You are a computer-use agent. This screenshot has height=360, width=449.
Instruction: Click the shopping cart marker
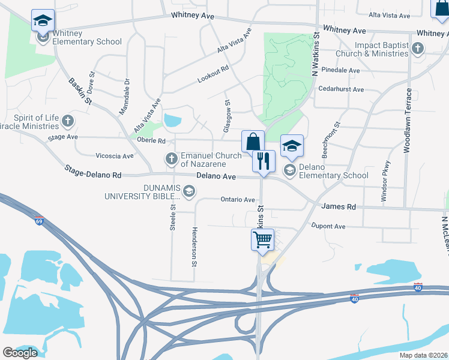coord(263,240)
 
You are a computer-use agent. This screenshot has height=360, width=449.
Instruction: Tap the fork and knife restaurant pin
coord(264,161)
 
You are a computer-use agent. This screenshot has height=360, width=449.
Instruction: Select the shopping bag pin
coord(253,142)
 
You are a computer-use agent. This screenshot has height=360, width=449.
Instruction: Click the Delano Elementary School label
coord(334,175)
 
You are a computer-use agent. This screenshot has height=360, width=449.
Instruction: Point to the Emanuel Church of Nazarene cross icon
coord(171,159)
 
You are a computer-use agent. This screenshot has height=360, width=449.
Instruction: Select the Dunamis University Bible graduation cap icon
coord(189,191)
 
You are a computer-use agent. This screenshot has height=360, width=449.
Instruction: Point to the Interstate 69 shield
coord(40,221)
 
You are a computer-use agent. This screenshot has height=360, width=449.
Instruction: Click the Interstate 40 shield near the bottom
coord(356,298)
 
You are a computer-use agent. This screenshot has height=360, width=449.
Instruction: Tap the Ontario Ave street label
coord(238,199)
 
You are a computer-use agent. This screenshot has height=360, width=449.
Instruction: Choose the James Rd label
coord(339,206)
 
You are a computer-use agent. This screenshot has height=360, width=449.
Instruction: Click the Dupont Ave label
coord(328,226)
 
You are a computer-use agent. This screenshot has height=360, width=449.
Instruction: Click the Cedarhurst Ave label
coord(342,89)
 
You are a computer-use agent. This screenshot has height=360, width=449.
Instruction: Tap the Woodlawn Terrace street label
coord(408,121)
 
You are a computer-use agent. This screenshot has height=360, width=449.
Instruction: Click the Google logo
coord(20,352)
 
